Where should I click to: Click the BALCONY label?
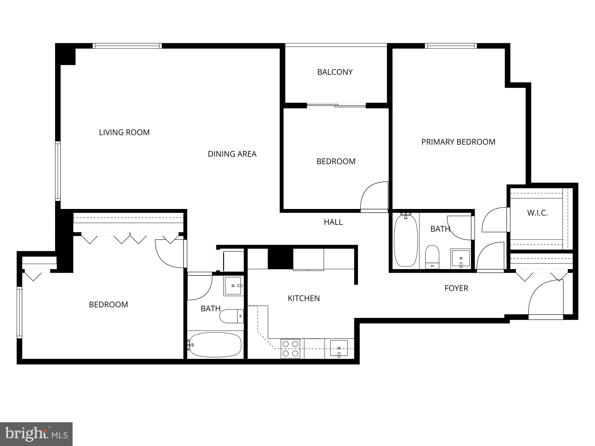coord(335,72)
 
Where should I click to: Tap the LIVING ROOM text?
coord(124,132)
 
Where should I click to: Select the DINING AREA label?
coord(232,154)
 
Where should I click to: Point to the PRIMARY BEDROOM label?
coord(458,142)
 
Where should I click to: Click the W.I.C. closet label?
coord(537,213)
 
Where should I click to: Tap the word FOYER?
coord(456,288)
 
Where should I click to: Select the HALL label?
coord(333,222)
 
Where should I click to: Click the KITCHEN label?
coord(303,298)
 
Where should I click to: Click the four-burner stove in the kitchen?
coord(290,348)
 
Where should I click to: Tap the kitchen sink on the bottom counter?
coord(339,348)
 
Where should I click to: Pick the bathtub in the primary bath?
coord(405,241)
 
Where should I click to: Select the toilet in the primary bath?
coord(432,257)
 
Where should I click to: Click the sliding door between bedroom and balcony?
coord(336,105)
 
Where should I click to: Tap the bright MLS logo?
coord(36,434)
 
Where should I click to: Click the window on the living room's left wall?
coord(58,171)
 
